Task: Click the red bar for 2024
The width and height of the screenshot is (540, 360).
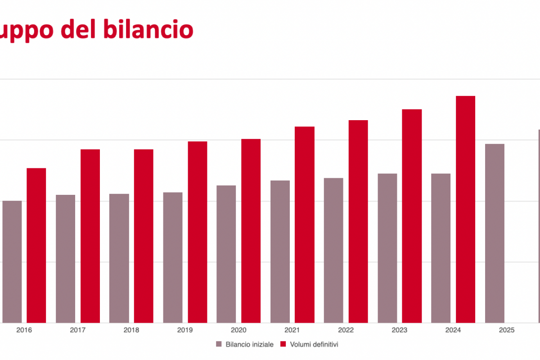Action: pos(465,209)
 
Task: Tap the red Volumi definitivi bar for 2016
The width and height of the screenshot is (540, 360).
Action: pos(36,245)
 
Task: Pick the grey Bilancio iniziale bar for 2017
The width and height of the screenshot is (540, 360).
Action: pos(66,259)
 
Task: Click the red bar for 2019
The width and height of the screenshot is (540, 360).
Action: pos(198,232)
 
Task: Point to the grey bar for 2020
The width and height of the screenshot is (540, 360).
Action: pos(226,254)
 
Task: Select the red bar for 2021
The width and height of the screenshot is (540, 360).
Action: pos(305,225)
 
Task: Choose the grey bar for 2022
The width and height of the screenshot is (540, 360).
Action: pos(333,250)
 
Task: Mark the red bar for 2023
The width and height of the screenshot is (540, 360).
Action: pos(412,216)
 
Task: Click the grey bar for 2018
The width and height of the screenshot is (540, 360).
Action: pos(119,258)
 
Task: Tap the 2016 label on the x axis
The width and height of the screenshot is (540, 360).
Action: pos(24,330)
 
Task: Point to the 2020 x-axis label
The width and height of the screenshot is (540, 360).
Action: pos(238,330)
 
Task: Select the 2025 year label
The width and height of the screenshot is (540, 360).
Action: pos(507,330)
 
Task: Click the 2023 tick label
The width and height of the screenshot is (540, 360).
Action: pos(400,330)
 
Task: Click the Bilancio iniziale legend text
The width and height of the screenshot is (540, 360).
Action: pos(249,344)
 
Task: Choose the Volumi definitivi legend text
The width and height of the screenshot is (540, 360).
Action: pos(314,344)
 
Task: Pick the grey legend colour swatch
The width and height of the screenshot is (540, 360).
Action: pos(219,344)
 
